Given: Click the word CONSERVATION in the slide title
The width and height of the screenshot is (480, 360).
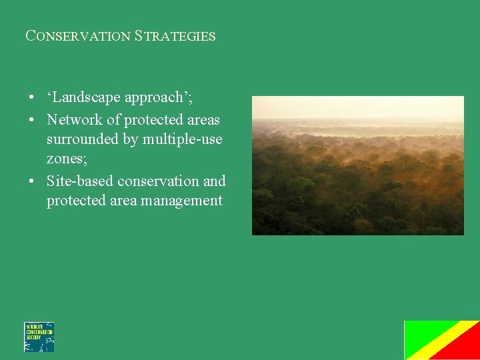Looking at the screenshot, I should pos(77,36).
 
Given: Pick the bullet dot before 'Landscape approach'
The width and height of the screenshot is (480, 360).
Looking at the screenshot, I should pos(31,98).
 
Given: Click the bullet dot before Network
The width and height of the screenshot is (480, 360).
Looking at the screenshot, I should pos(31,121).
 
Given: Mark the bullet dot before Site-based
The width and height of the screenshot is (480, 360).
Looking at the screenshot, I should pos(31,181).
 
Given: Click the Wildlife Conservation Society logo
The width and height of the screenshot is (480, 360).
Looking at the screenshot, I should pos(39,337).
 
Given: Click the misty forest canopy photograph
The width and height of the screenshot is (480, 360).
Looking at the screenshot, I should pos(357,165).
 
